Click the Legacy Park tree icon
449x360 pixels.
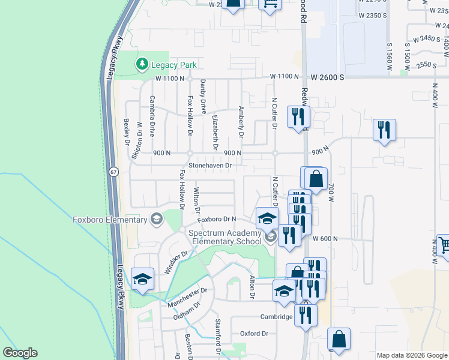click(142, 63)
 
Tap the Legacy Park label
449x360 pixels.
click(173, 64)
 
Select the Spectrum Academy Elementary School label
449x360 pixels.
click(226, 237)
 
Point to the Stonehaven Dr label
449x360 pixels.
click(210, 165)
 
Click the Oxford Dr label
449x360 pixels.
click(254, 334)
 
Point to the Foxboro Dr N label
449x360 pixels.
click(217, 220)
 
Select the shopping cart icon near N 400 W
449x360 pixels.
click(444, 246)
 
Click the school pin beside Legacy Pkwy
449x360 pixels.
click(143, 280)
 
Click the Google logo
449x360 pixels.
click(20, 353)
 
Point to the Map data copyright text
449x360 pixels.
click(412, 355)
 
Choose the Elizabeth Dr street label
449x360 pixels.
click(214, 132)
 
